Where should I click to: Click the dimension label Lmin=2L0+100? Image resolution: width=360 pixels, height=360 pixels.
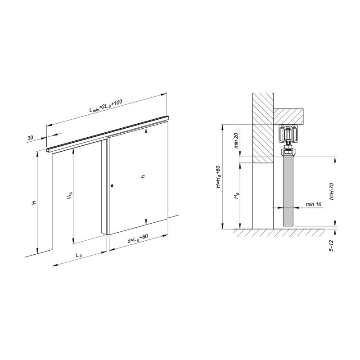click(x=106, y=105)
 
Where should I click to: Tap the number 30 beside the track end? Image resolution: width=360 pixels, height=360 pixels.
click(x=30, y=138)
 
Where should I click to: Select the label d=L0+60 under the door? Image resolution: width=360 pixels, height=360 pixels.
click(x=138, y=239)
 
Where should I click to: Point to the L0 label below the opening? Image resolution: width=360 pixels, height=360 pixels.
click(x=79, y=255)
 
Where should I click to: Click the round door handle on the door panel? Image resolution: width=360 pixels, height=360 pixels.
click(x=112, y=186)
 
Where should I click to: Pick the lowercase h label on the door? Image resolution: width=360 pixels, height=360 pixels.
click(x=143, y=176)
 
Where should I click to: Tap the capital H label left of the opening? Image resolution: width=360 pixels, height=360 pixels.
click(x=34, y=202)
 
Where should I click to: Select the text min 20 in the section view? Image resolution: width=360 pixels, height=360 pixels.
click(x=236, y=141)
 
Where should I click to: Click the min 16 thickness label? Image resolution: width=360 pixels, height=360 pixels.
click(x=313, y=204)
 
